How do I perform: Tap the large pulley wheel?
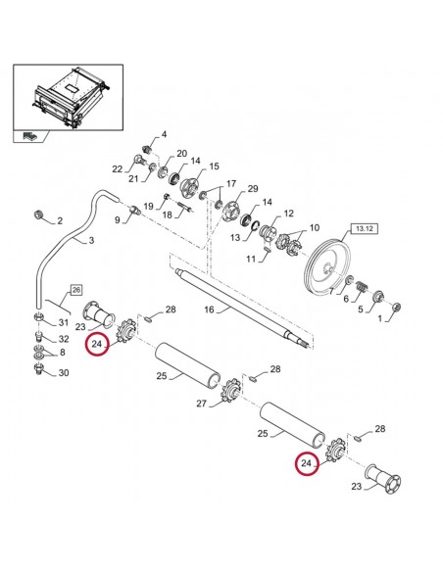coord(328,262)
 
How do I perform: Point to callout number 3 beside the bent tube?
coord(90,241)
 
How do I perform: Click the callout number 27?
coord(201,402)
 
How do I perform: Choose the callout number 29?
coord(252,188)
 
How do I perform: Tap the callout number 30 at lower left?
coord(64,373)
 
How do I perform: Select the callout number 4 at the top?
coord(164,134)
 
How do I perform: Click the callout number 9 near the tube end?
coord(117,220)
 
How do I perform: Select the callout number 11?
coord(251,259)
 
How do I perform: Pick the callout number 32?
coord(64,339)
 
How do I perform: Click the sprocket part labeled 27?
coord(233,391)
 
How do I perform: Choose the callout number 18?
coord(166,214)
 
